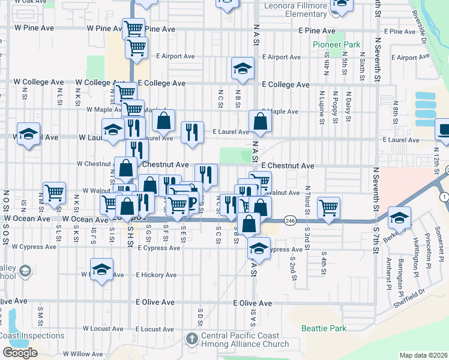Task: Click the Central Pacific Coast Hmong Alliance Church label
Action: [245, 340]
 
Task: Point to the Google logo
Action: [20, 352]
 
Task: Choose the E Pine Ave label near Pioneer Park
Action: [312, 31]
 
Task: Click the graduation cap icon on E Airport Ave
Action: [243, 68]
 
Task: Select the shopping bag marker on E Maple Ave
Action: [260, 122]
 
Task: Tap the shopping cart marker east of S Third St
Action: [328, 208]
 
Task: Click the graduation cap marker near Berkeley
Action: [399, 217]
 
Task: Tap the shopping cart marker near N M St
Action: [54, 193]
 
